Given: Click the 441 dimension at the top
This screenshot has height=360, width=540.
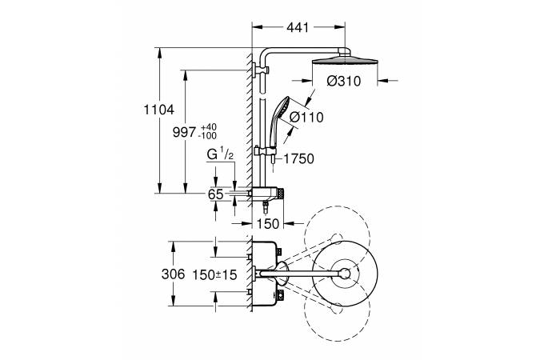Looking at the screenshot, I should (x=298, y=28).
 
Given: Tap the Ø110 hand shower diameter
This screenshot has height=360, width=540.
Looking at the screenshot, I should (x=306, y=117).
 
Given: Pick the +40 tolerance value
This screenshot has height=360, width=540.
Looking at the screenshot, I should (x=209, y=127).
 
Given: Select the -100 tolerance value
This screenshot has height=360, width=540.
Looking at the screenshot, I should (x=209, y=136).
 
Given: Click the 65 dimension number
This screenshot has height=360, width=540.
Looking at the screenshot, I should (x=215, y=194).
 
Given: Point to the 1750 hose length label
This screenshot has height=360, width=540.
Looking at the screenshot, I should (x=298, y=158).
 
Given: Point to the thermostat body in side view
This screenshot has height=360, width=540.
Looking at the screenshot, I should (x=266, y=194).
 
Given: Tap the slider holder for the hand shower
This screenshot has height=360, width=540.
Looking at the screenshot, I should (x=266, y=150).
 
